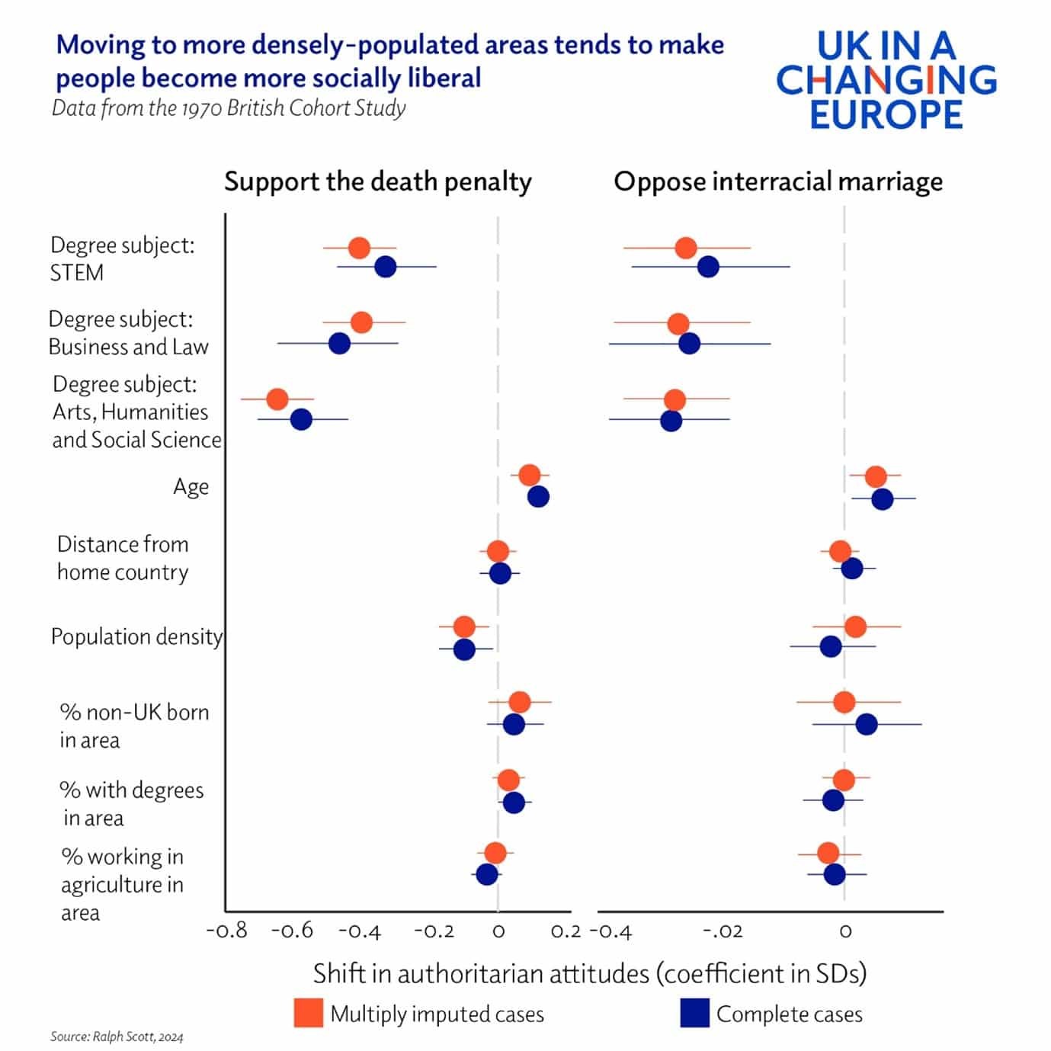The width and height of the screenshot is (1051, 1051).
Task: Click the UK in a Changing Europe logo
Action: tap(886, 79)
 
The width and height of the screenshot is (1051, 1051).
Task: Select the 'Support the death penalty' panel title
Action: tap(377, 182)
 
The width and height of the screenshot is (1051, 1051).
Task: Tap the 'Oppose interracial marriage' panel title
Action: tap(777, 182)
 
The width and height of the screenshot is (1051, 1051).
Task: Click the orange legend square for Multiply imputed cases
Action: tap(308, 1013)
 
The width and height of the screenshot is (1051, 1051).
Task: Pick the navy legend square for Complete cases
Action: tap(694, 1013)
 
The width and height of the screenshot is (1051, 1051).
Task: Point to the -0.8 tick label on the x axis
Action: tap(226, 931)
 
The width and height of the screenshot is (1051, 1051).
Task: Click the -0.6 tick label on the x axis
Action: tap(293, 931)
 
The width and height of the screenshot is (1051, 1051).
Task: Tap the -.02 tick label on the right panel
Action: tap(722, 931)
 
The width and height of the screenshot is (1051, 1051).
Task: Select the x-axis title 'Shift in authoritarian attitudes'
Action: tap(589, 973)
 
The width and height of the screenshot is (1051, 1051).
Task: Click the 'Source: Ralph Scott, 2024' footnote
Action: tap(117, 1037)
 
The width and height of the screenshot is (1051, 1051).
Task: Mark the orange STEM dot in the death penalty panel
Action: tap(359, 248)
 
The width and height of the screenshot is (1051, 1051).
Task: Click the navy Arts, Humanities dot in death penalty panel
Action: tap(301, 419)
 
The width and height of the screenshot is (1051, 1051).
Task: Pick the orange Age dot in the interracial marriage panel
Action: tap(876, 476)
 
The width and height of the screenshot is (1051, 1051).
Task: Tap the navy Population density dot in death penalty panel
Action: tap(464, 649)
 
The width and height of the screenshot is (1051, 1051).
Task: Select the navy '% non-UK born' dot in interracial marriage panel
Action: tap(866, 724)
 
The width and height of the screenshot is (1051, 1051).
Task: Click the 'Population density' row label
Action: tap(136, 636)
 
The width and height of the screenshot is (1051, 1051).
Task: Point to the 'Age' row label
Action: tap(191, 486)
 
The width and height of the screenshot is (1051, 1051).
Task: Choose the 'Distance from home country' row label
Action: tap(123, 558)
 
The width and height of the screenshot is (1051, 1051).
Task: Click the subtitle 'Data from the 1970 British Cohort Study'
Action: tap(229, 108)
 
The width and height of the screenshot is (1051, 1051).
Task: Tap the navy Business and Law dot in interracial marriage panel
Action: tap(689, 343)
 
